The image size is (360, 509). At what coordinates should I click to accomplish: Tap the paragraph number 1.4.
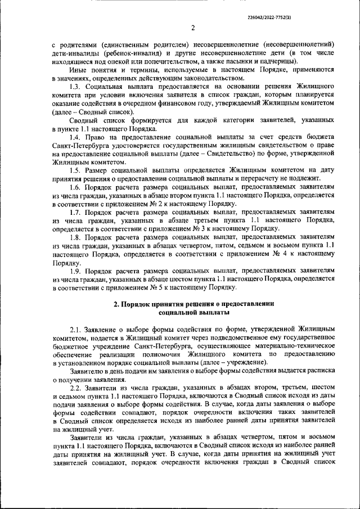click(x=77, y=137)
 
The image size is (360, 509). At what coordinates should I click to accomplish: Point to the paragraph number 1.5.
click(x=77, y=169)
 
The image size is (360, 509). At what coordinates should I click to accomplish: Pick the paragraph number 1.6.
click(x=77, y=186)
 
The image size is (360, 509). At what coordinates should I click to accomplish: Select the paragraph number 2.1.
click(x=77, y=328)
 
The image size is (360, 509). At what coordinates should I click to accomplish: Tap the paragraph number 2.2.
click(x=77, y=388)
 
